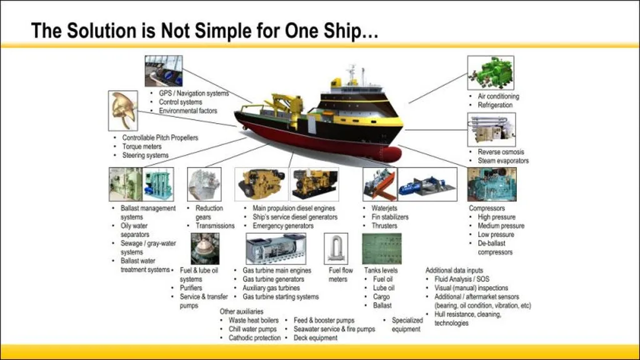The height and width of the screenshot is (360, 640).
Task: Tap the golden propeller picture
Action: [123, 111]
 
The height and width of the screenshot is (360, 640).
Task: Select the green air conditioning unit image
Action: [491, 72]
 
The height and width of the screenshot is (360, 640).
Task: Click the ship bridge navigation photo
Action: [164, 71]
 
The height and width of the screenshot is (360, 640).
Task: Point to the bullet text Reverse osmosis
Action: [501, 152]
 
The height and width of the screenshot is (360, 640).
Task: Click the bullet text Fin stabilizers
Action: [390, 217]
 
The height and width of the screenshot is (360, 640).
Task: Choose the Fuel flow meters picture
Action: [336, 249]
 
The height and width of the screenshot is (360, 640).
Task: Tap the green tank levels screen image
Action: [382, 249]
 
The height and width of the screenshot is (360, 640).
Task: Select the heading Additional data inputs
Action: [454, 270]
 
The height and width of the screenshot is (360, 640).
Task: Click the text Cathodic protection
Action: [255, 338]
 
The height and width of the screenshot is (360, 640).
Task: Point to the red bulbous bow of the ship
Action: [390, 154]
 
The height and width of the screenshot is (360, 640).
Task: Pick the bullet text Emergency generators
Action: [283, 226]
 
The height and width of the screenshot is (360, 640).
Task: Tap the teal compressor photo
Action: [492, 184]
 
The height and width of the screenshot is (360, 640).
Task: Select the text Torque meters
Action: [142, 146]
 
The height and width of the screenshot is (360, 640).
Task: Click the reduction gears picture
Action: [204, 184]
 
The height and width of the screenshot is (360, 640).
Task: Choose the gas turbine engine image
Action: [276, 249]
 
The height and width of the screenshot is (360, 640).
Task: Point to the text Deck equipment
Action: [316, 338]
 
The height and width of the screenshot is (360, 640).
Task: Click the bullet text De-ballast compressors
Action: [495, 247]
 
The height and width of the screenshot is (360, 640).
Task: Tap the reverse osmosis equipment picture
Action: [491, 130]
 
